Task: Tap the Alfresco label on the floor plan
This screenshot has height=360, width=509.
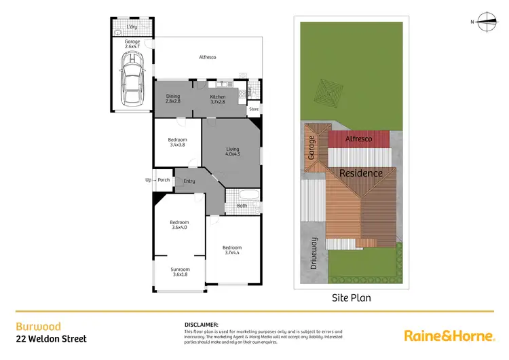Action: [207, 58]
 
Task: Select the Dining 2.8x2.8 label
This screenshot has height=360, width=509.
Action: [173, 98]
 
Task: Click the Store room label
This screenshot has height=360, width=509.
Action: [254, 109]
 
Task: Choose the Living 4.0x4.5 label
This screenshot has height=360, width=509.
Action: [233, 151]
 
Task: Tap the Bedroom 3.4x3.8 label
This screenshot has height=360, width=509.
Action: [177, 143]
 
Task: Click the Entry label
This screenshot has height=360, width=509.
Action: [189, 181]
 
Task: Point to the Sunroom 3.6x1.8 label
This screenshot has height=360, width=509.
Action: [181, 272]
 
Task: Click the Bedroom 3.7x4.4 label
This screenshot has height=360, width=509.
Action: [232, 250]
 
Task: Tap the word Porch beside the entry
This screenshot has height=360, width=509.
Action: [164, 180]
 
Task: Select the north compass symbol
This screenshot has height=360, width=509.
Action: [486, 22]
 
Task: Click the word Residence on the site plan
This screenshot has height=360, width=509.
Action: [361, 173]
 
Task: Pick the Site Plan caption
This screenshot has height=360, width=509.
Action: [351, 298]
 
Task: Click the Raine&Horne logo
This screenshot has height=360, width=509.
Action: [448, 335]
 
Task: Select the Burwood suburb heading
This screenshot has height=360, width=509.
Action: [32, 327]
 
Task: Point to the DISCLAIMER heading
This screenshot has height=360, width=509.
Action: [201, 325]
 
